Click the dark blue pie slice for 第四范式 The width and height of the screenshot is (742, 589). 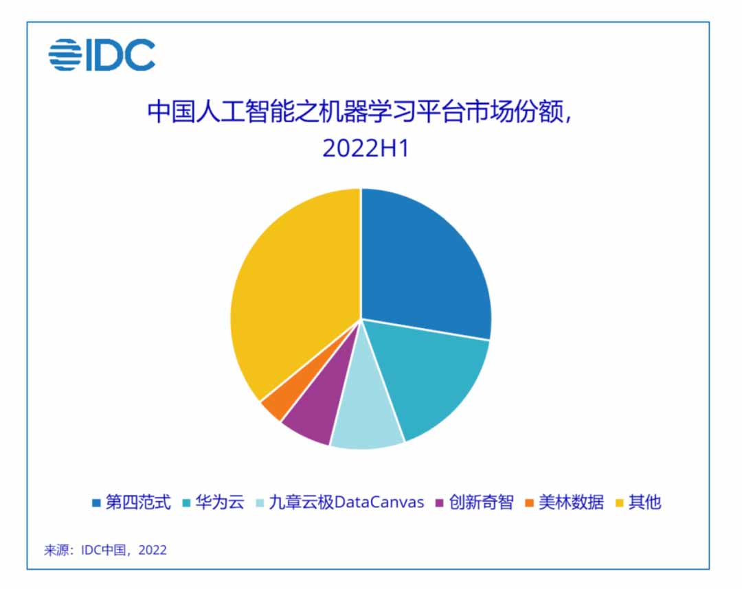pos(426,268)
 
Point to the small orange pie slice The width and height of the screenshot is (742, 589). pos(273,405)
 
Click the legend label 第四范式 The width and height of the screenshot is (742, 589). pos(137,502)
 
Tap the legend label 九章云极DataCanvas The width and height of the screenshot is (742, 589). pos(346,502)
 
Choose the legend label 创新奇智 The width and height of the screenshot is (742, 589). pos(481,502)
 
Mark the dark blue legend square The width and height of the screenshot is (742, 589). pos(96,503)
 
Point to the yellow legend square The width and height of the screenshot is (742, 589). pos(619,503)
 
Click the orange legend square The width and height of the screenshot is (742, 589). pos(529,503)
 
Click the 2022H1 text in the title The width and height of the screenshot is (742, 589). pos(366,148)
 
